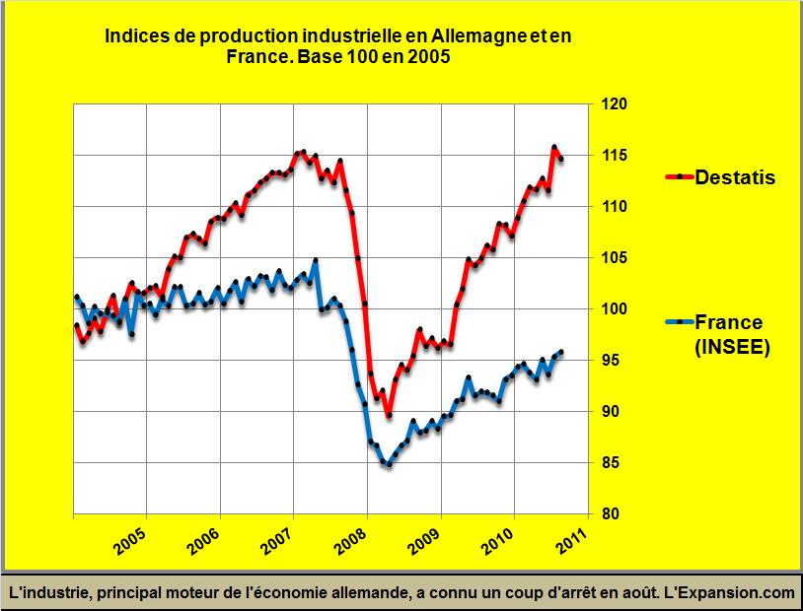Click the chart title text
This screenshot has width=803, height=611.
337,46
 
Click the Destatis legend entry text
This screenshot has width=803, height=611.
735,178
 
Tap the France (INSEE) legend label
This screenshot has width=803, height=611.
730,334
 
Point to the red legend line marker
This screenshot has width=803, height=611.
679,177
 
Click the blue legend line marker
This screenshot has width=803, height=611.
679,322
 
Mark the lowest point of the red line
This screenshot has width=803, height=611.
389,415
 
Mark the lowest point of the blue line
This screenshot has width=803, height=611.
389,464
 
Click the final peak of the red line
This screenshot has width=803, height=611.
554,148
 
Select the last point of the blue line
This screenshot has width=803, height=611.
561,351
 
